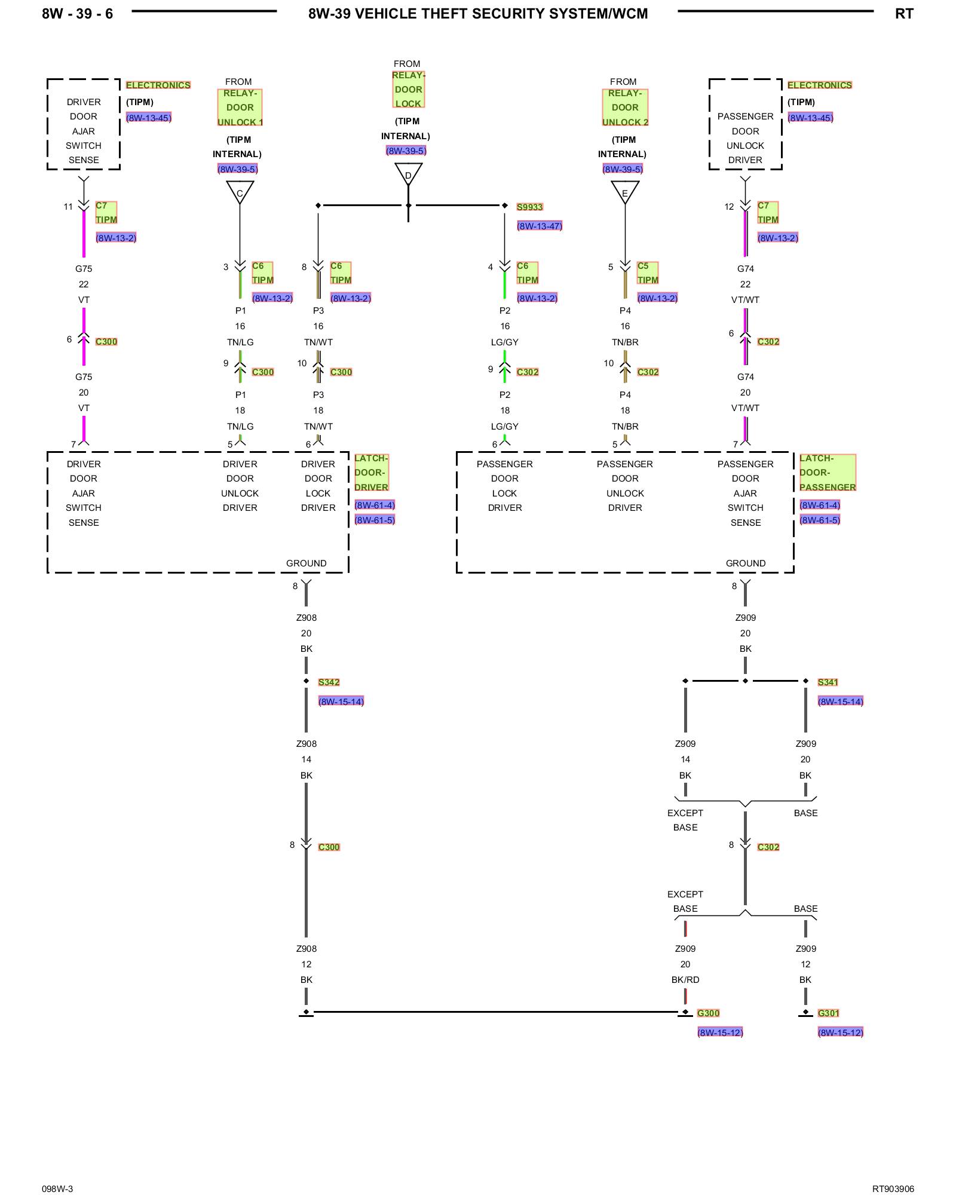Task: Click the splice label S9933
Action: click(x=529, y=207)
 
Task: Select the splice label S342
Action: click(x=329, y=682)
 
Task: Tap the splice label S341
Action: click(x=828, y=682)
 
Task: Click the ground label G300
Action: click(x=708, y=1013)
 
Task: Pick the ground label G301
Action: click(x=828, y=1013)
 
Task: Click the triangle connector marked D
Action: click(x=408, y=173)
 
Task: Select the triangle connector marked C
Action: click(x=240, y=191)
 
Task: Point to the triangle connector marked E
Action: click(x=625, y=191)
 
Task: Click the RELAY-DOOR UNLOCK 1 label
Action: click(x=240, y=108)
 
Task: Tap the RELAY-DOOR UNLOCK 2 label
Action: click(x=625, y=108)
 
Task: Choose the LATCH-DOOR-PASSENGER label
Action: click(x=828, y=473)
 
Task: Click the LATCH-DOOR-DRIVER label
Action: click(x=371, y=473)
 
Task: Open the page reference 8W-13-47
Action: click(x=540, y=226)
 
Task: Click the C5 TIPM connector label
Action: click(x=648, y=273)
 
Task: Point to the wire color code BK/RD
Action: click(x=685, y=980)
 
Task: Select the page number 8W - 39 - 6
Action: click(x=77, y=14)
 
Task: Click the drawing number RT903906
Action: click(x=893, y=1189)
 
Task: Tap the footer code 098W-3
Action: click(x=57, y=1189)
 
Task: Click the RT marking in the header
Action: click(x=904, y=14)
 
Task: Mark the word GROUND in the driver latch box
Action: click(x=306, y=563)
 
